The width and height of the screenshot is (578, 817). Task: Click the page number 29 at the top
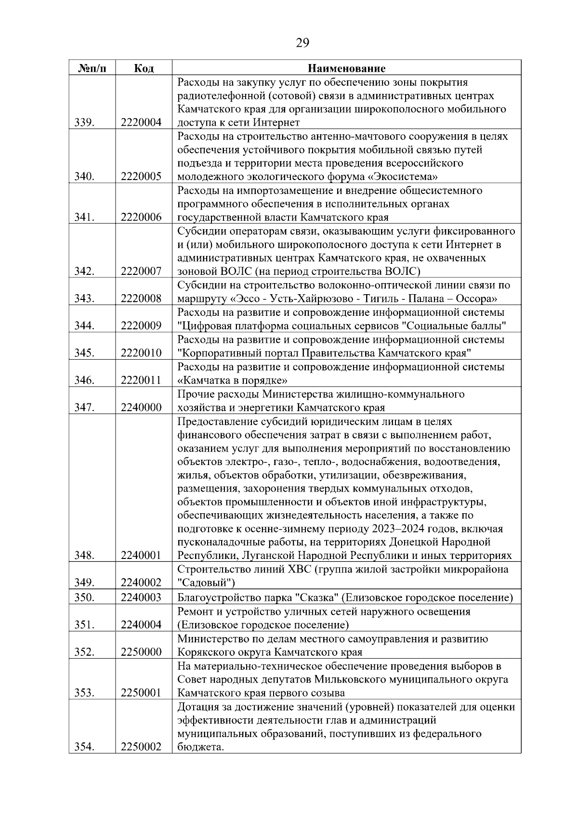302,43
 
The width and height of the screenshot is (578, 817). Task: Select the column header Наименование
346,68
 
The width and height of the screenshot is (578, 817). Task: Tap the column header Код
144,68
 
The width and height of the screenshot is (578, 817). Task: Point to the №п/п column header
92,68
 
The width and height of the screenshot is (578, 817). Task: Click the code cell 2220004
141,123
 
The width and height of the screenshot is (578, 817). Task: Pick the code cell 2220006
141,218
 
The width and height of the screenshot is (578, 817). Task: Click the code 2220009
141,326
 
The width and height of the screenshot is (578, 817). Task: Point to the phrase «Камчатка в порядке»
233,380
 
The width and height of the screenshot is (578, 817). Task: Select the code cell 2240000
141,408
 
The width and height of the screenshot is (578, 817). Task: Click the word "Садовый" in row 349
206,583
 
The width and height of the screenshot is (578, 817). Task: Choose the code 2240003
141,598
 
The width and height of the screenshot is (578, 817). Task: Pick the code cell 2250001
141,693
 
